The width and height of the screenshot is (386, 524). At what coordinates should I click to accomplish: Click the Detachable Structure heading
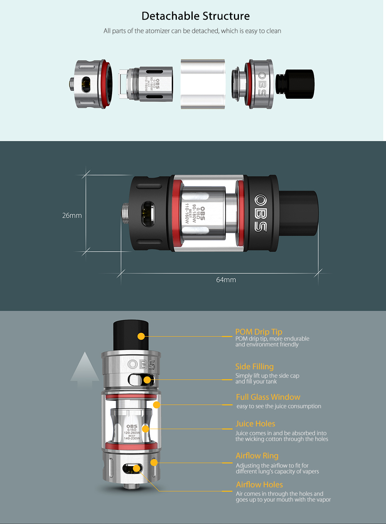point(195,16)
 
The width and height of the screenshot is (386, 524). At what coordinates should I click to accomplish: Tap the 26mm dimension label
point(72,216)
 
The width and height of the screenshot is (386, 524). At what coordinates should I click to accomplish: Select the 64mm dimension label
point(226,280)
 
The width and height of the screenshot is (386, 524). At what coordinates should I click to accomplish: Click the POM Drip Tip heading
point(259,332)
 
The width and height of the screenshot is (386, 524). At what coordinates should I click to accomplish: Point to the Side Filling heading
point(254,367)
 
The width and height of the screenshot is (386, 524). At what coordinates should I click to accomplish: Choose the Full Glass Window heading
point(268,397)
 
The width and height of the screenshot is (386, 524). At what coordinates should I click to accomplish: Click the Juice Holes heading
point(255,424)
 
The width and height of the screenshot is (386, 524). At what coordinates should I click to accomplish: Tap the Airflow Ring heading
point(257,456)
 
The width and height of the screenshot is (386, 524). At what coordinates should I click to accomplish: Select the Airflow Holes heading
point(259,485)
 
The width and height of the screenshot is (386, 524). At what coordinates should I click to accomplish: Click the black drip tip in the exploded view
point(295,84)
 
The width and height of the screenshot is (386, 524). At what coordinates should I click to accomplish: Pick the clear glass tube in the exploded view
point(203,84)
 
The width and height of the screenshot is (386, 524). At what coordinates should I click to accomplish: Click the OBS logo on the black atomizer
point(261,213)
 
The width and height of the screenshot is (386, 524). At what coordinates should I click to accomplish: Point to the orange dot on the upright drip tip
point(141,336)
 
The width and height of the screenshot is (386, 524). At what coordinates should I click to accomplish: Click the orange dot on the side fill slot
point(147,380)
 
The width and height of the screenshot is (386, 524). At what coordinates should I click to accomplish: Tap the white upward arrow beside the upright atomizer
point(85,370)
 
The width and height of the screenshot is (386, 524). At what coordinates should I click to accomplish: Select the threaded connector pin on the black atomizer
point(125,213)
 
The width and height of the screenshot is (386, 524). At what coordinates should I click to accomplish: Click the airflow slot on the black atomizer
point(148,214)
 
